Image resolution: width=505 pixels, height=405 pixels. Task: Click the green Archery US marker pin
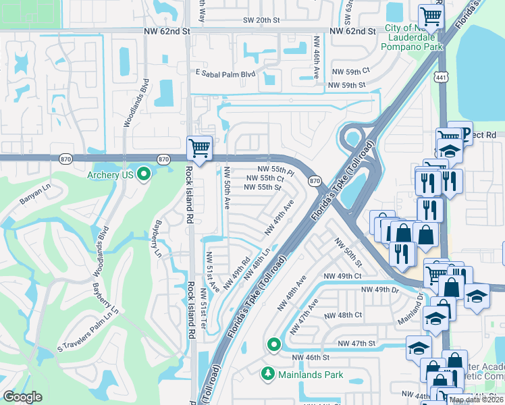[143, 175]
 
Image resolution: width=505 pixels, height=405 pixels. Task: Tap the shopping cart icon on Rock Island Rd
[199, 146]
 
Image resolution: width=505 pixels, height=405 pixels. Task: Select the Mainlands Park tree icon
[268, 373]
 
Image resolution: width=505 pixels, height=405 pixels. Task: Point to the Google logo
[22, 396]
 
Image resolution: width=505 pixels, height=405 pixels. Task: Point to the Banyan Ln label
[34, 199]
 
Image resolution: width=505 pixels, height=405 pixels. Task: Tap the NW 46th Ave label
[315, 57]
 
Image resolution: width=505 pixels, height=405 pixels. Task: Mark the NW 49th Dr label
[385, 290]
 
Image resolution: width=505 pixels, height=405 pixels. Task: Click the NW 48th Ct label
[343, 315]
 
